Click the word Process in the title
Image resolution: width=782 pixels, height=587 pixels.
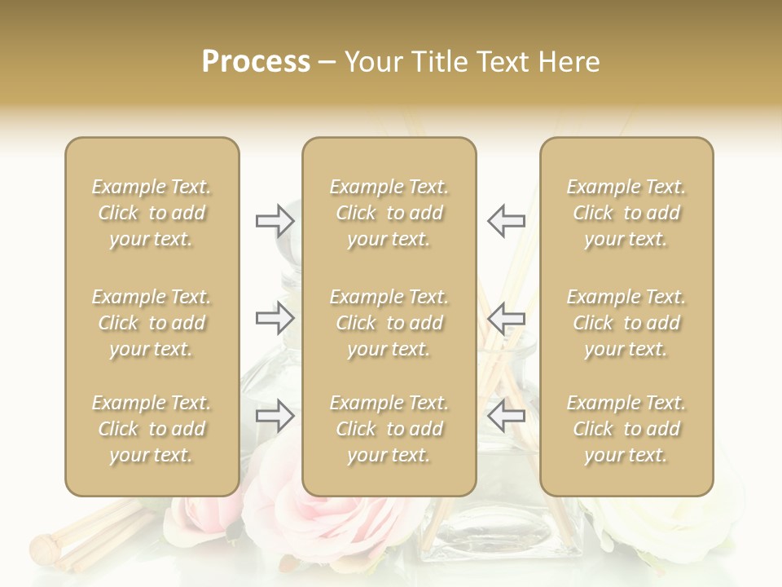256,62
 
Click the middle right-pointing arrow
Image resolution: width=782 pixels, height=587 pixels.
275,318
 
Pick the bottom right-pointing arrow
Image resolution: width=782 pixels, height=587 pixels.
275,417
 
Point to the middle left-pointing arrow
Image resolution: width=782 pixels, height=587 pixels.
507,318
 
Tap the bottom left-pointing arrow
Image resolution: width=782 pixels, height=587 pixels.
507,417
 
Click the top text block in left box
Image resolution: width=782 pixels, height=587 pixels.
152,213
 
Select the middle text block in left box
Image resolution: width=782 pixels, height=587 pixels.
152,323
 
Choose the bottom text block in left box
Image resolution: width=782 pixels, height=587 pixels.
152,429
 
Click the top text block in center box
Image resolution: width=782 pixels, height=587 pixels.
389,213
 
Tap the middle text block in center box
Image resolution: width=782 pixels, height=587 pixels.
389,323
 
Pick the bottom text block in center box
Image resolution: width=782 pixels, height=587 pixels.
389,429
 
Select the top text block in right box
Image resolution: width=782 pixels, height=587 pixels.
626,213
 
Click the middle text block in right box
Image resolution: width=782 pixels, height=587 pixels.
626,323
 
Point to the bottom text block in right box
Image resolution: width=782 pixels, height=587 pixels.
626,429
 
